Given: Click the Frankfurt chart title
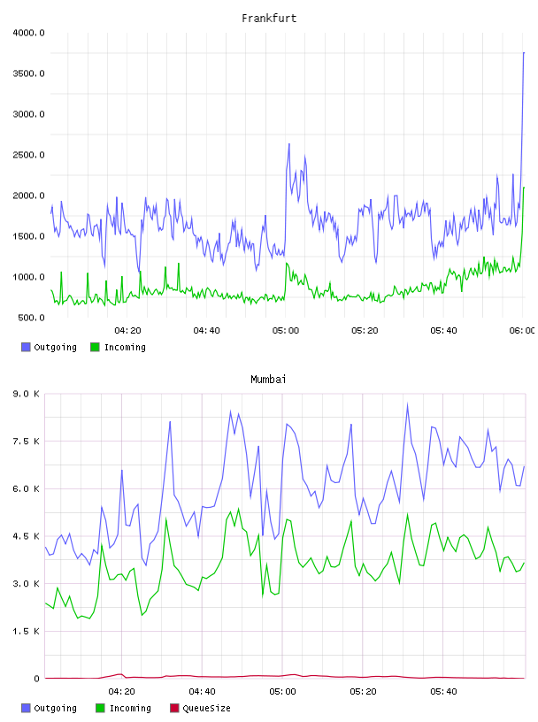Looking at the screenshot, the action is pyautogui.click(x=269, y=18).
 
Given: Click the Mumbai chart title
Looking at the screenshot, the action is pyautogui.click(x=268, y=379).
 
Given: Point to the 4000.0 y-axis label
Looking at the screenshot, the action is pyautogui.click(x=28, y=33).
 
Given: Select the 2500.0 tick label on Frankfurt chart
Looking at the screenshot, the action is pyautogui.click(x=28, y=155).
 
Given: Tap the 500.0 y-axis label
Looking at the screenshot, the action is pyautogui.click(x=31, y=318).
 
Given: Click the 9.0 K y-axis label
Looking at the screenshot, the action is pyautogui.click(x=27, y=394).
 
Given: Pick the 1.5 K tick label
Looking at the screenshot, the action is pyautogui.click(x=27, y=631).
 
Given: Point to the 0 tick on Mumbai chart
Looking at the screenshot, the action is pyautogui.click(x=36, y=679).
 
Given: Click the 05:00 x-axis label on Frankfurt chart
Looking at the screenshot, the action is pyautogui.click(x=286, y=331).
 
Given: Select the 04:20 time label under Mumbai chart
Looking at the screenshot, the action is pyautogui.click(x=121, y=692).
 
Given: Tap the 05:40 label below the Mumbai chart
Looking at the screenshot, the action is pyautogui.click(x=443, y=692).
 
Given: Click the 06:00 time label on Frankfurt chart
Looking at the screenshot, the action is pyautogui.click(x=522, y=331).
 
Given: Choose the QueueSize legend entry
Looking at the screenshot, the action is pyautogui.click(x=200, y=708).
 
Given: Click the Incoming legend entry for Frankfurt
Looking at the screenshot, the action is pyautogui.click(x=118, y=347).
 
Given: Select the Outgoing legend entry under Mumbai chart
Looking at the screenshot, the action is pyautogui.click(x=49, y=708).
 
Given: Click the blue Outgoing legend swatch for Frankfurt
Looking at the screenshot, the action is pyautogui.click(x=26, y=347).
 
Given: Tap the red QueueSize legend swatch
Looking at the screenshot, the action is pyautogui.click(x=174, y=708).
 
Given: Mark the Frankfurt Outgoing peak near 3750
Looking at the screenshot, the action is pyautogui.click(x=524, y=53).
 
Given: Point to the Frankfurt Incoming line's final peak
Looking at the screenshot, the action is pyautogui.click(x=524, y=188).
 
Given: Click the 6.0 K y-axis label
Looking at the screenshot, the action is pyautogui.click(x=27, y=488).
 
